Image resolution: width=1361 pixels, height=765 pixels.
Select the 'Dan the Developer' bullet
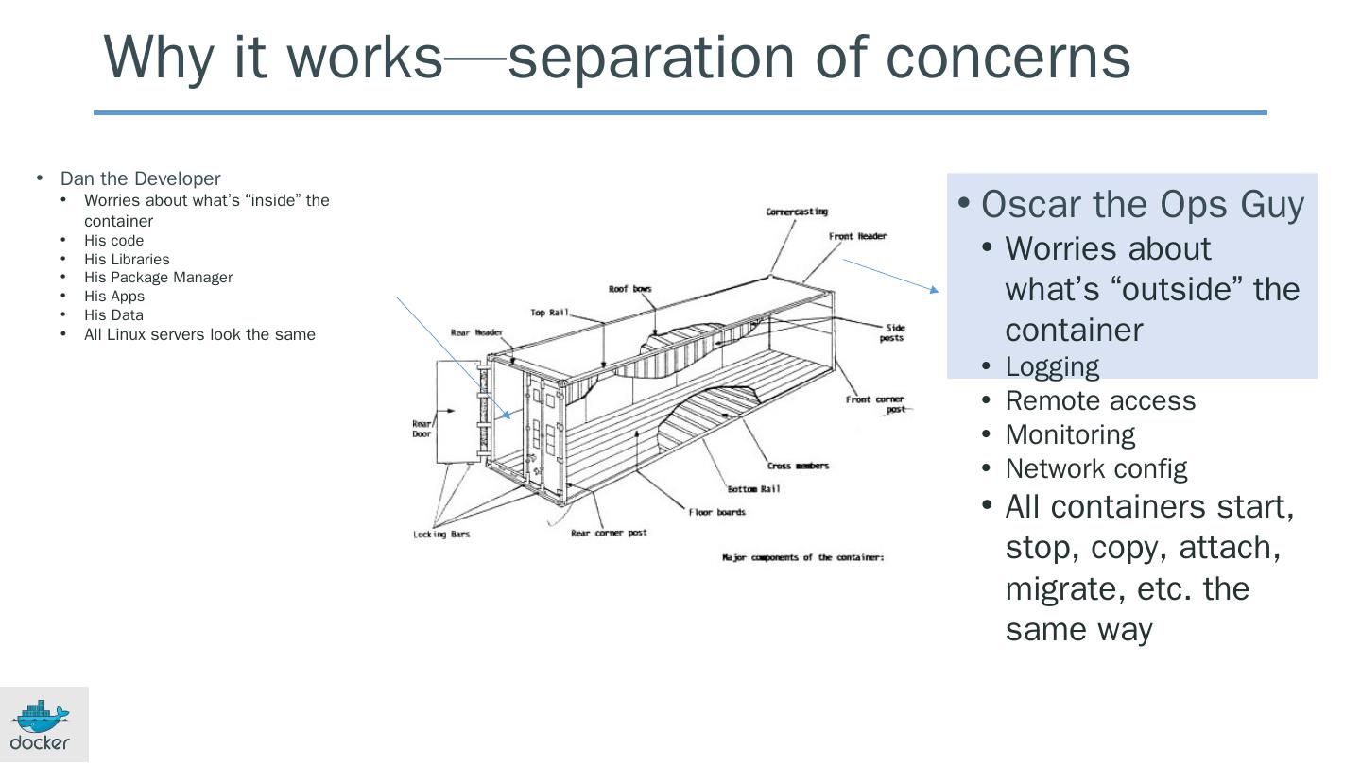coord(140,178)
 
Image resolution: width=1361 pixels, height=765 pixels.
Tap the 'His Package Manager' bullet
coord(158,278)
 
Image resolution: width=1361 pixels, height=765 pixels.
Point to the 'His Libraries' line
coord(127,259)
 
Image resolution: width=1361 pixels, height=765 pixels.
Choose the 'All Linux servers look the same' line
coord(199,334)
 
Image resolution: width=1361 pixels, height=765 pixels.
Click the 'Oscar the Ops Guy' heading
coord(1143,204)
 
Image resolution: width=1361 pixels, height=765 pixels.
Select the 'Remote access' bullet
coord(1100,400)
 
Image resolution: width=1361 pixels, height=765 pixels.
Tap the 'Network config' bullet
coord(1096,468)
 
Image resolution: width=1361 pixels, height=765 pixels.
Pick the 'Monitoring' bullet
coord(1070,434)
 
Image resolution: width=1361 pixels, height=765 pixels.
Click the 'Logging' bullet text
coord(1052,366)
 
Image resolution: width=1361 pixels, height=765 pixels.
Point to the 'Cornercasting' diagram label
coord(796,212)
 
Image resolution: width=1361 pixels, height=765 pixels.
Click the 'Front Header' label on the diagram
coord(857,236)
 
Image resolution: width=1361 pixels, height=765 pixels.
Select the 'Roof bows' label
coord(629,289)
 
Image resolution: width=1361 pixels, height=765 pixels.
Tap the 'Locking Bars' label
coord(441,535)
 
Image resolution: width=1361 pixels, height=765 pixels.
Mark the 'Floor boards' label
coord(716,512)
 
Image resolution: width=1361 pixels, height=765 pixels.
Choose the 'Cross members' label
coord(798,466)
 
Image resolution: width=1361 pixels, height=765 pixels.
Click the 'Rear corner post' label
coord(609,533)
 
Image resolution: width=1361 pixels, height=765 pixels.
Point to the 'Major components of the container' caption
coord(802,557)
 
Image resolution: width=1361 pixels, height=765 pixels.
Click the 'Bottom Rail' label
coord(753,489)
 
